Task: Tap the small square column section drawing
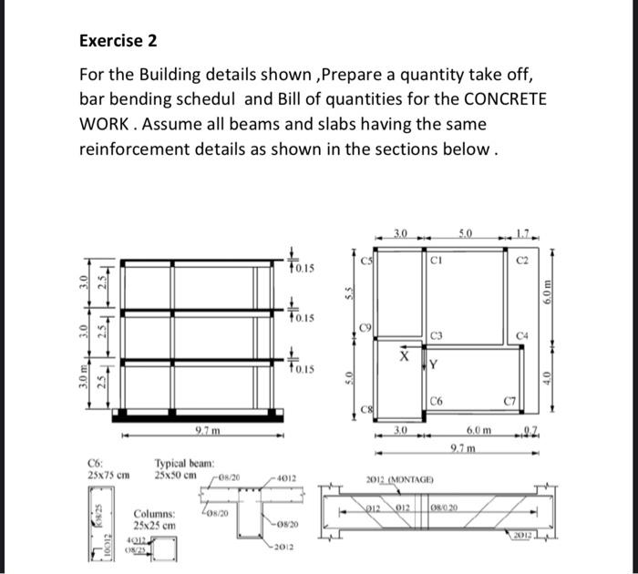coord(165,549)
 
